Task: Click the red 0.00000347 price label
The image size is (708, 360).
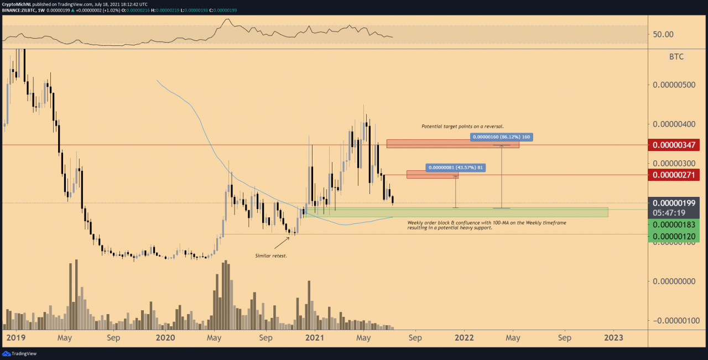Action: click(675, 145)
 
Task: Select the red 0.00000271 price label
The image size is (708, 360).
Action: click(675, 175)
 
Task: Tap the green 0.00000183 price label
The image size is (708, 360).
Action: click(675, 225)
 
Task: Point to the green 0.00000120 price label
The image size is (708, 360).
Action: click(675, 236)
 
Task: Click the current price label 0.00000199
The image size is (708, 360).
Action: click(675, 202)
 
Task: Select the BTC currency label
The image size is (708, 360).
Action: click(676, 56)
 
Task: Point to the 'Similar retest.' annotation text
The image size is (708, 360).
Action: click(271, 256)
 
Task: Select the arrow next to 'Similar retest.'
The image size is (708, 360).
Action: click(282, 242)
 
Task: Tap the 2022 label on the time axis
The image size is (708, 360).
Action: click(464, 337)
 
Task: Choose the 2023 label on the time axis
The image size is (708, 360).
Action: click(614, 337)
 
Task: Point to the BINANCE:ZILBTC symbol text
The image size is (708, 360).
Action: click(20, 10)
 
